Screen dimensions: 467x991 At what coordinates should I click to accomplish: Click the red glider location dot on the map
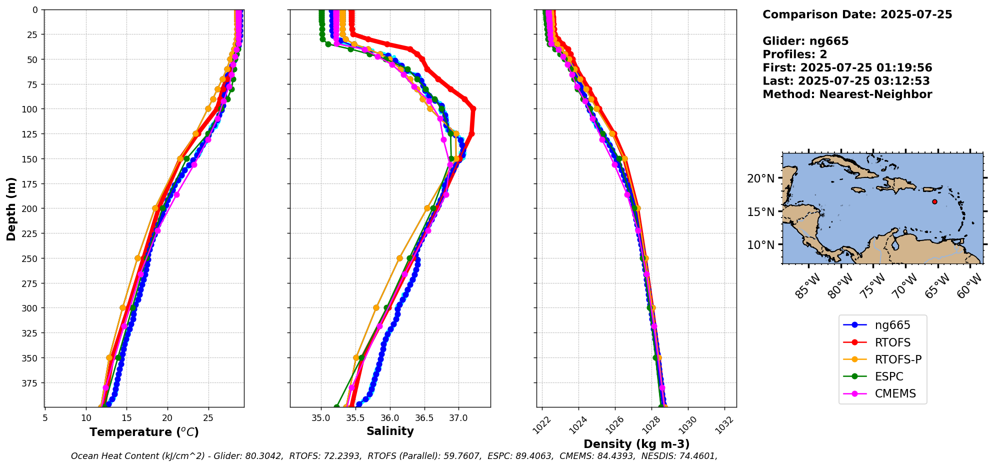tap(934, 201)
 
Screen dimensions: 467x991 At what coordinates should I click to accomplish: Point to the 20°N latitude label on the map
tap(760, 178)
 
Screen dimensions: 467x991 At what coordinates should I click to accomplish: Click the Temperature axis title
tap(144, 432)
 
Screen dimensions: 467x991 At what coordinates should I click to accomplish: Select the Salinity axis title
tap(390, 431)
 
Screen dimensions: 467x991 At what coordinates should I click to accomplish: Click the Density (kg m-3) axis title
tap(636, 444)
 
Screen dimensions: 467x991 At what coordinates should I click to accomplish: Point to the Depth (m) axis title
tap(11, 208)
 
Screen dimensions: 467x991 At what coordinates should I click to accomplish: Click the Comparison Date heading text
tap(857, 14)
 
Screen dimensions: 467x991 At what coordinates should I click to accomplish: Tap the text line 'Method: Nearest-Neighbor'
tap(847, 94)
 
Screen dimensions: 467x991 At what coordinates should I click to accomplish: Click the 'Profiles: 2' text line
tap(794, 54)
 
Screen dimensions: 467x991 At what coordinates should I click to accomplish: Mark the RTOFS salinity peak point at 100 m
tap(473, 108)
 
